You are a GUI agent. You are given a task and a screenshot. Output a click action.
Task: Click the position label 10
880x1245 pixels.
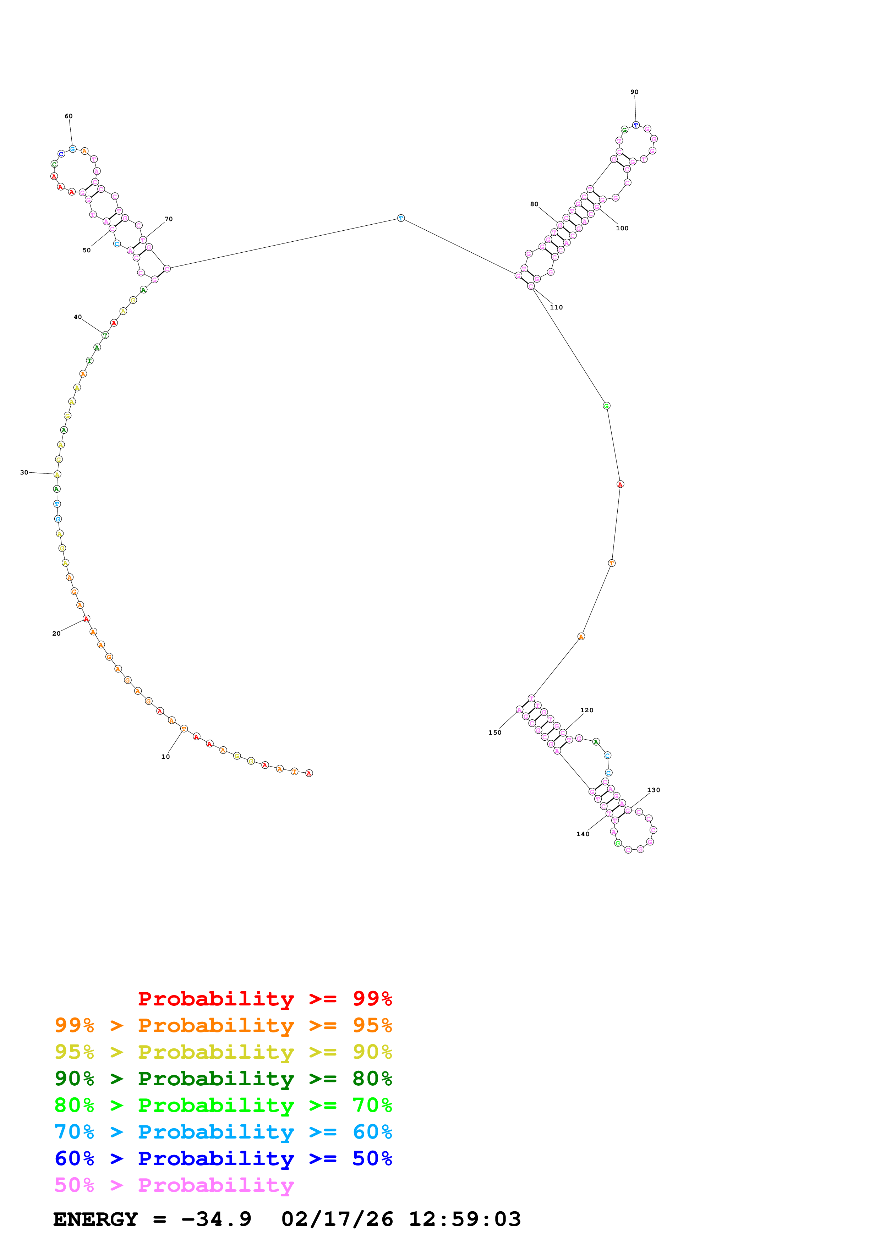[x=165, y=756]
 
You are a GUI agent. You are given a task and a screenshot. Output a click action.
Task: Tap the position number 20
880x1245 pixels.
[x=56, y=634]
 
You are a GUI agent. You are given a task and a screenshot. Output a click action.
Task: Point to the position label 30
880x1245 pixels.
[x=24, y=472]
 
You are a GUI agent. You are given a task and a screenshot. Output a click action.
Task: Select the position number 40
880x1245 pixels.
[x=77, y=317]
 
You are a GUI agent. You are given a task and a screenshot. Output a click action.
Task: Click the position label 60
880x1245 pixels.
[x=68, y=116]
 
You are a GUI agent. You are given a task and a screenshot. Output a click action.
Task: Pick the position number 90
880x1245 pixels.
[x=634, y=92]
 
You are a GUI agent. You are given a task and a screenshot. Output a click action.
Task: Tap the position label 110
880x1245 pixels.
[x=556, y=307]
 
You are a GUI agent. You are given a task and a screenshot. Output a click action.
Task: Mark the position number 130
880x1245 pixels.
[x=654, y=790]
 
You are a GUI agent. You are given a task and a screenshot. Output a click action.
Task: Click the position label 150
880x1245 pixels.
[x=494, y=733]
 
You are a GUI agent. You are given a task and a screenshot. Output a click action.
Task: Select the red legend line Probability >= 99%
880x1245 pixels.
[x=264, y=999]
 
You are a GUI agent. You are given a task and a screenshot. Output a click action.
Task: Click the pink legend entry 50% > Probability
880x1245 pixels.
[x=174, y=1185]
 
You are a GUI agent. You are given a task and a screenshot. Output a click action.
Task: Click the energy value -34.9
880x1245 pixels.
[x=216, y=1219]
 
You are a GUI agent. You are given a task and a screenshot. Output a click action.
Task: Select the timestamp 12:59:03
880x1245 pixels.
[x=465, y=1219]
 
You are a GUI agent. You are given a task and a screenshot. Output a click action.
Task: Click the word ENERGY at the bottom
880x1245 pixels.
[x=95, y=1219]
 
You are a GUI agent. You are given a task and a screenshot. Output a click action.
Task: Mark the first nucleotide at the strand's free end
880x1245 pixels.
[x=309, y=773]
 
